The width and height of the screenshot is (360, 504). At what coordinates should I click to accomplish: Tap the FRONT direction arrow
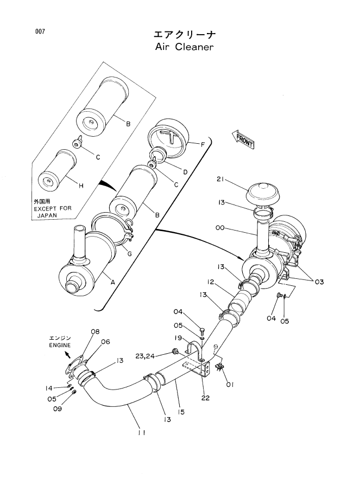pos(243,139)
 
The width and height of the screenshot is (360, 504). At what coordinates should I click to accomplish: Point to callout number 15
pos(181,412)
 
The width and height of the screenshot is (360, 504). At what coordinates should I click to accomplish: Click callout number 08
pos(95,331)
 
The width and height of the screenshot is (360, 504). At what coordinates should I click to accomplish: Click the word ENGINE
pos(60,344)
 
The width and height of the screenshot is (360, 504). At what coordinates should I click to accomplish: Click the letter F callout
pos(202,145)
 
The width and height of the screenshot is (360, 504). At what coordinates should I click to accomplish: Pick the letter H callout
pos(81,186)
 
